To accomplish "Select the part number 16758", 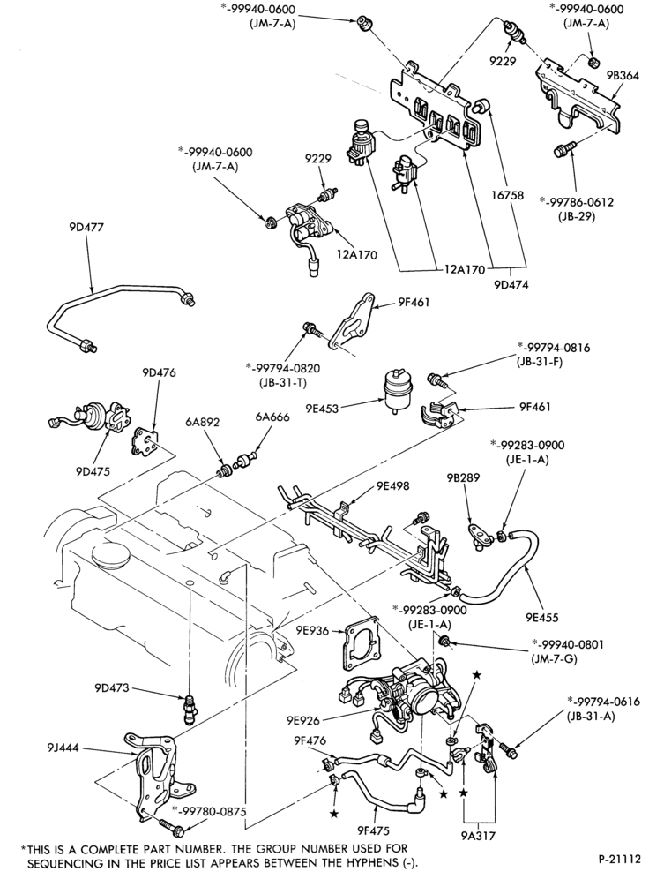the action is pyautogui.click(x=508, y=195).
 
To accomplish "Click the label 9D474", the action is pyautogui.click(x=511, y=284).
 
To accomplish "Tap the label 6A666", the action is pyautogui.click(x=272, y=417).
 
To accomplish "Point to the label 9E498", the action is pyautogui.click(x=392, y=485).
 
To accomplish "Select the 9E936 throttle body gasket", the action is pyautogui.click(x=360, y=645).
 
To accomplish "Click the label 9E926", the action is pyautogui.click(x=304, y=720).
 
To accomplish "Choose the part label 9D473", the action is pyautogui.click(x=111, y=687).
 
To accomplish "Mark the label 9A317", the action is pyautogui.click(x=479, y=835).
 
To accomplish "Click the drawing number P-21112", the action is pyautogui.click(x=618, y=858).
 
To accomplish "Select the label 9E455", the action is pyautogui.click(x=542, y=619).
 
